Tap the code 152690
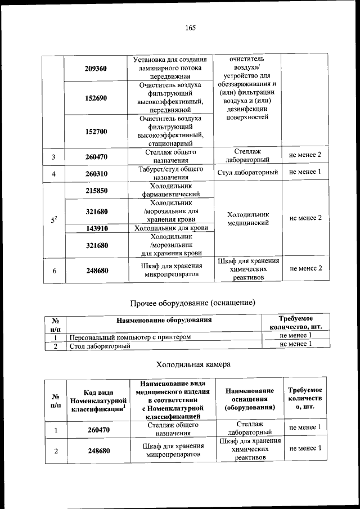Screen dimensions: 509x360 click(96, 98)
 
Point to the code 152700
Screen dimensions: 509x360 click(96, 132)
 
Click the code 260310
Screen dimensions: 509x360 click(96, 174)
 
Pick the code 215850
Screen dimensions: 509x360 click(96, 191)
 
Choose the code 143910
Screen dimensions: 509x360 click(96, 228)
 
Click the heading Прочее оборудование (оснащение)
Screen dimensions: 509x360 click(193, 303)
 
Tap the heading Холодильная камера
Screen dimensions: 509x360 click(193, 364)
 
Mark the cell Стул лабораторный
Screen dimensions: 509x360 click(248, 172)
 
